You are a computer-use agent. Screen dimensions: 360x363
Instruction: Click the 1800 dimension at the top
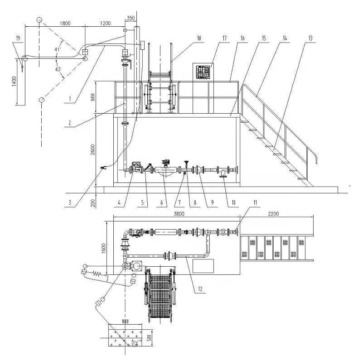pos(67,23)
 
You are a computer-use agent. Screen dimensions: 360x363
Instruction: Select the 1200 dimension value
pos(105,23)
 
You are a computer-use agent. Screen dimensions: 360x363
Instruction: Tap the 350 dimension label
pos(131,18)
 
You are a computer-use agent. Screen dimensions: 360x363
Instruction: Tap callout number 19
pos(18,39)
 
